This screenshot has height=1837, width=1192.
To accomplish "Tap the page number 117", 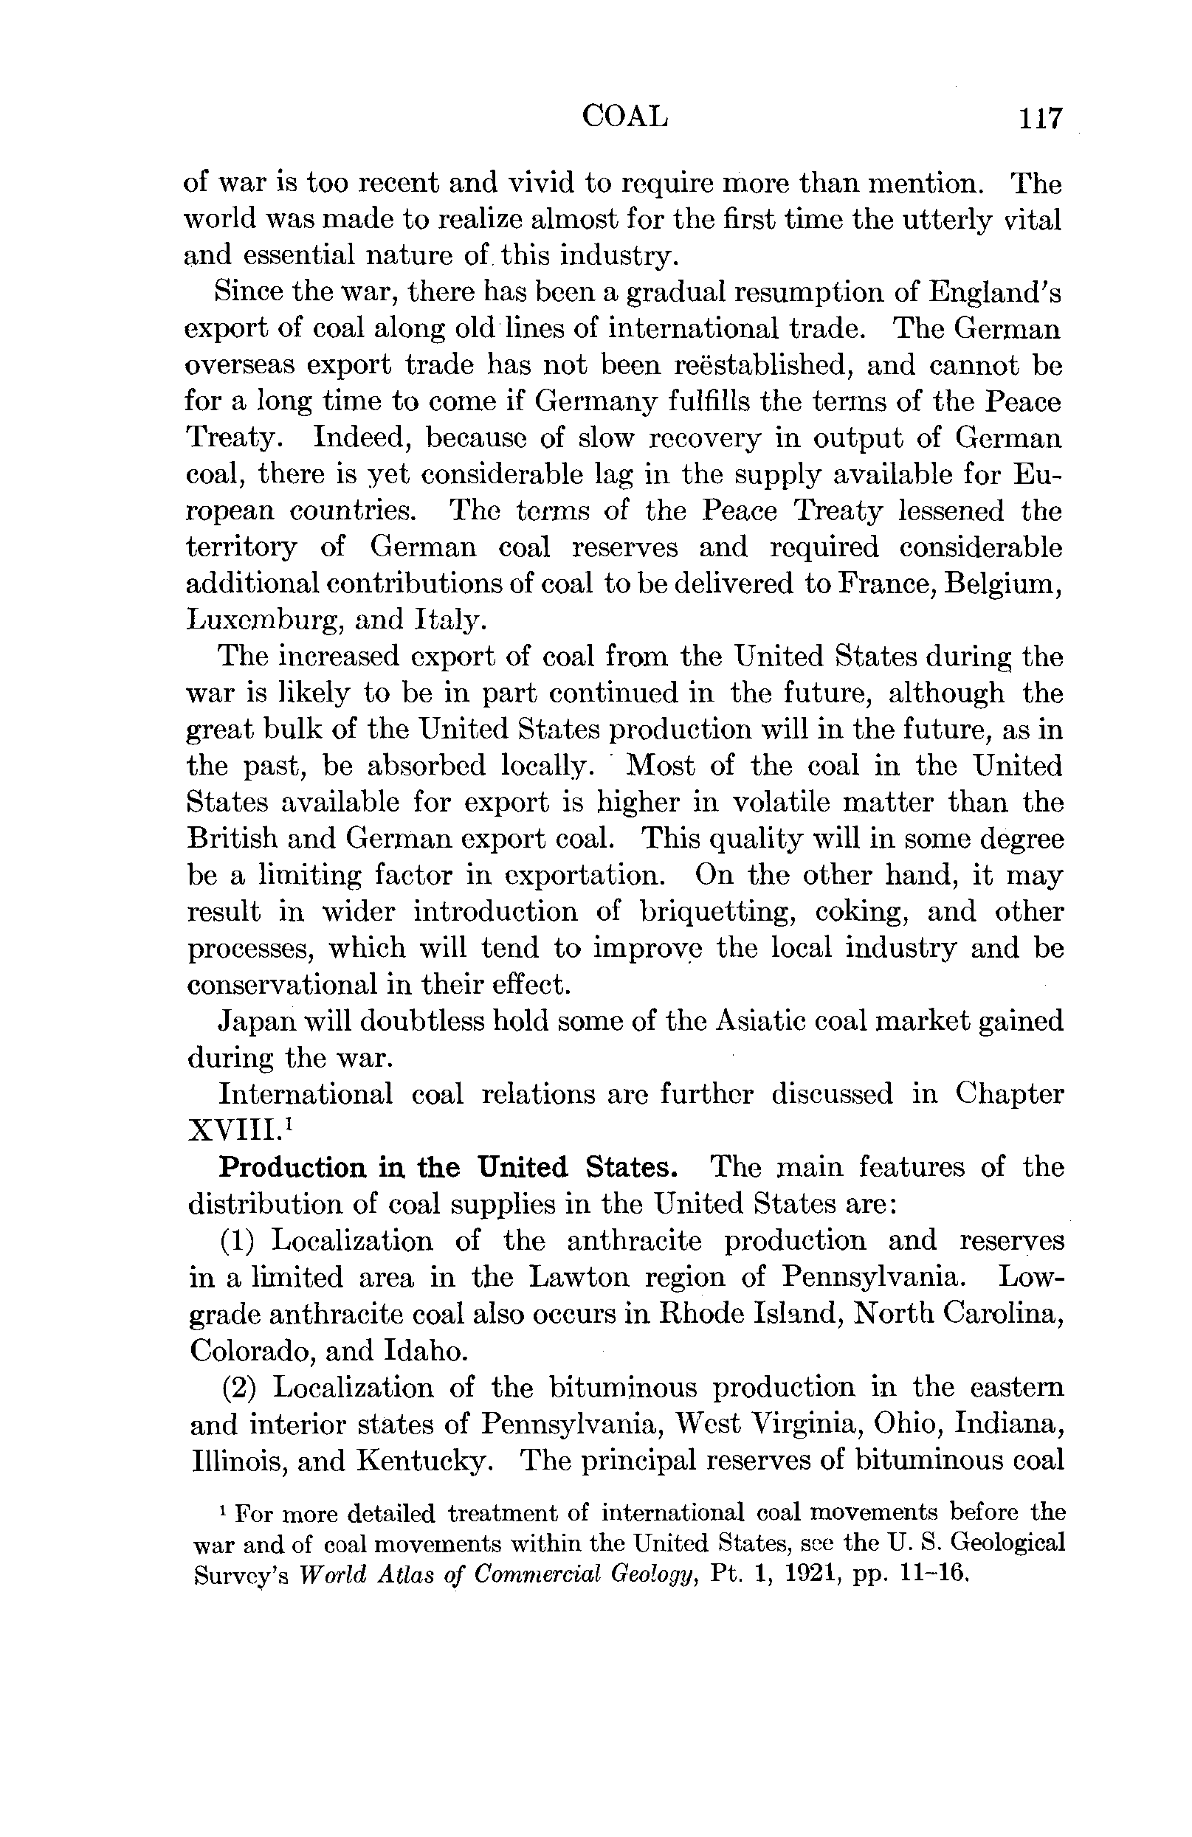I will click(1039, 118).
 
